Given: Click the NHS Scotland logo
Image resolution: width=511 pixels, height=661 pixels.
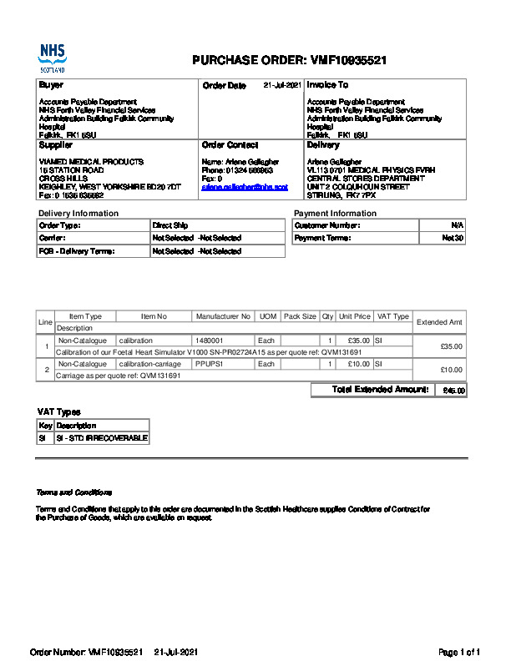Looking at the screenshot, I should point(52,58).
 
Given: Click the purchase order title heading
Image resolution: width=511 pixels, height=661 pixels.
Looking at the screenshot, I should point(289,60).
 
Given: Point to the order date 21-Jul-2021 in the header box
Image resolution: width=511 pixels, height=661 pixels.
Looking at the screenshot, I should point(282,85).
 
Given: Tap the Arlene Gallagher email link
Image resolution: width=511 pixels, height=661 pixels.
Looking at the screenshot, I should point(245,187).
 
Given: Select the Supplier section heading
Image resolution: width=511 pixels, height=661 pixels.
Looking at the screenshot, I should point(56,145).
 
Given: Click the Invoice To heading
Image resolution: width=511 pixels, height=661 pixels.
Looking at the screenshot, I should point(327,85).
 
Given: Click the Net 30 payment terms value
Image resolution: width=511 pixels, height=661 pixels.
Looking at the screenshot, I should point(453,238).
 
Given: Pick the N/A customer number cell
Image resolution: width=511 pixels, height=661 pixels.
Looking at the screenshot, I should point(457,225).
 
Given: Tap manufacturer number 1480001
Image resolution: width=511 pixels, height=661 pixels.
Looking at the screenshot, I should point(210,341).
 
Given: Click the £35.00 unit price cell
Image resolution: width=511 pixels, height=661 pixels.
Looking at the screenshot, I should point(358,341).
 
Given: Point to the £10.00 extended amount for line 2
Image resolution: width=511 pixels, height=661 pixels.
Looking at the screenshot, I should point(451,370).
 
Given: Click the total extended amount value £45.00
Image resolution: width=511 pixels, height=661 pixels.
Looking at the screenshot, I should point(454,391).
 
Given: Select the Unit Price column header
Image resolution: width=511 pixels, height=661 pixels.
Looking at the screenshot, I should point(355,316).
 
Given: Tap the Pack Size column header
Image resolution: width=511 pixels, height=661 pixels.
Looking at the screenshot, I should point(300,316).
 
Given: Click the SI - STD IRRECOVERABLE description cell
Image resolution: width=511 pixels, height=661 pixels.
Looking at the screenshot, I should point(101,437).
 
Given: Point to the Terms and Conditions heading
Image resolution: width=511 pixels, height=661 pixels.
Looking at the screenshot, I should point(73,492).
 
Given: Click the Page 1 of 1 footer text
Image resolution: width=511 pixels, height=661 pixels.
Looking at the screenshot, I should point(459,651).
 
